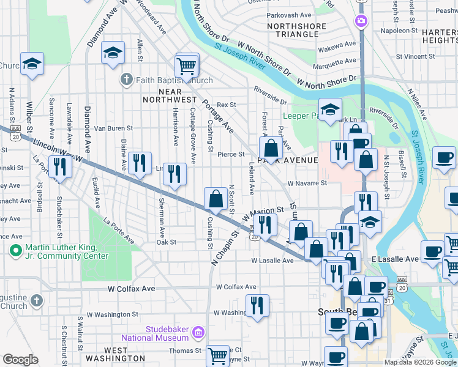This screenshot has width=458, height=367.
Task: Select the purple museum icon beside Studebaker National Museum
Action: [198, 333]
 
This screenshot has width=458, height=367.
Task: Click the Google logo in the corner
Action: [20, 360]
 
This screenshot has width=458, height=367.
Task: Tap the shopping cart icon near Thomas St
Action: [218, 355]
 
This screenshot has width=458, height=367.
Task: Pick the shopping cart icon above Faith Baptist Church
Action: [187, 64]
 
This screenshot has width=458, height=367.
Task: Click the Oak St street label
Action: [167, 242]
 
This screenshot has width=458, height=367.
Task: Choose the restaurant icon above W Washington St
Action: [258, 305]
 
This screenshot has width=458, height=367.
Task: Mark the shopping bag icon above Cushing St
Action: [216, 199]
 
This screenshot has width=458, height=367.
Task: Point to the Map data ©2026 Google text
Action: [420, 362]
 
